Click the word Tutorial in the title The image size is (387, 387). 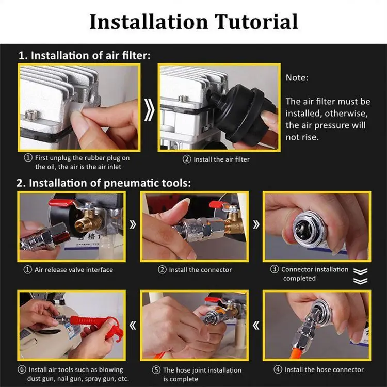coord(256,22)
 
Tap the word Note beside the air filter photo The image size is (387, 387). coord(297,78)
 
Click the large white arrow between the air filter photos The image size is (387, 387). coord(149,110)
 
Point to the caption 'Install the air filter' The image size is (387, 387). coord(221,159)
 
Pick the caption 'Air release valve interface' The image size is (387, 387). coord(74,269)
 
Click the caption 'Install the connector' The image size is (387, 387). coord(200,270)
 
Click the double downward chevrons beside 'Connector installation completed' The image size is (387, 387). coord(360,276)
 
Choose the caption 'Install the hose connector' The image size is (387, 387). coord(324,369)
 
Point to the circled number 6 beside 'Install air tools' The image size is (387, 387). coord(22,369)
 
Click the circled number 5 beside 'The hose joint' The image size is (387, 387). coord(156,370)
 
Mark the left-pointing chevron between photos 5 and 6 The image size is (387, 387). coord(133,326)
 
